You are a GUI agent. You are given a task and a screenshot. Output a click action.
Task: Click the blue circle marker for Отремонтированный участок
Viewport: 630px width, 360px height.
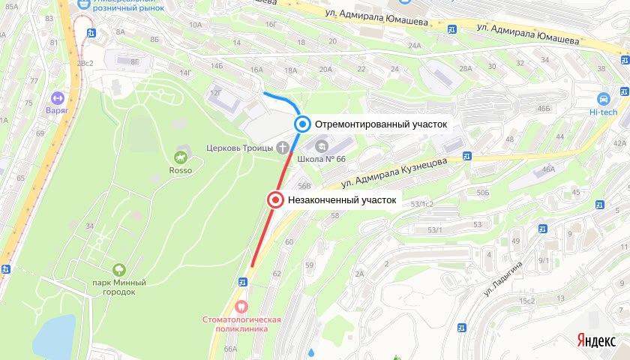click(302, 124)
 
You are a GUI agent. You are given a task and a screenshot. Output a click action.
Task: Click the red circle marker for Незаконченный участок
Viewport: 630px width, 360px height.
click(276, 199)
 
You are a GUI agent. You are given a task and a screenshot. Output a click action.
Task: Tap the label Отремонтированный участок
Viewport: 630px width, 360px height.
click(381, 124)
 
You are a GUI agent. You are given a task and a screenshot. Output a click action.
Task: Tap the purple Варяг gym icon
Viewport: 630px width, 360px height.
click(56, 97)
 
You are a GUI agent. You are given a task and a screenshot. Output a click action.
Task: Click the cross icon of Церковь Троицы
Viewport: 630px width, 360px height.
click(283, 146)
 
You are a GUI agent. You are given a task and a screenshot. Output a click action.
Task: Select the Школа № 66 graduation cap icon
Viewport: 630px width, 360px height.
click(321, 146)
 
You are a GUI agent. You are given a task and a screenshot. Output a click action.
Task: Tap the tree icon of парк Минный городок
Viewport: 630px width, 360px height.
click(118, 269)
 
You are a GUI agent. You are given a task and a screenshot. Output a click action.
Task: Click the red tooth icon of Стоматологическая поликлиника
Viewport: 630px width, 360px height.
click(241, 306)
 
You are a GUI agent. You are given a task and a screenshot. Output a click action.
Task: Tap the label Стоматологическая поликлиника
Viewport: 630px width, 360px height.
click(241, 324)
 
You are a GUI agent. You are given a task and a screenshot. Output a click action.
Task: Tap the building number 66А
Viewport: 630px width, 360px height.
click(229, 349)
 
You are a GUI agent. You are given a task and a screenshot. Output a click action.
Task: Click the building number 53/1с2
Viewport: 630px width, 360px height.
click(421, 204)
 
